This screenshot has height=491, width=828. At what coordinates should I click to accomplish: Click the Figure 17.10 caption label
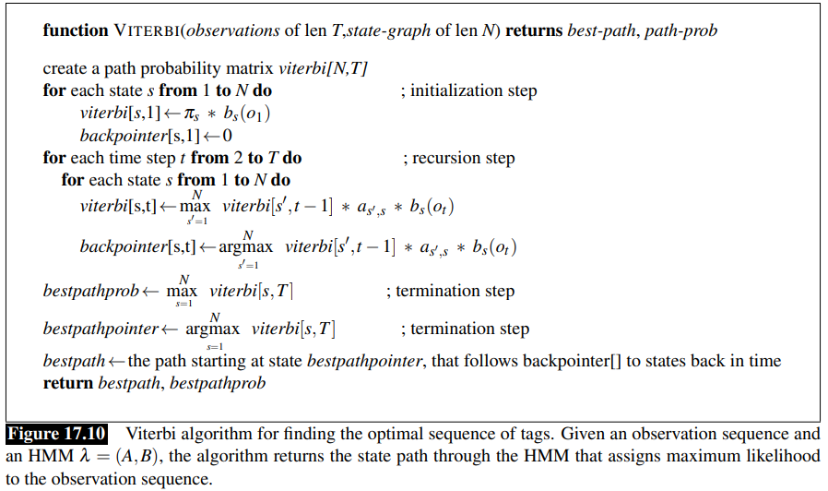57,434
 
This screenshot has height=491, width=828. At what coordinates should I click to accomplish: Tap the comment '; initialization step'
469,90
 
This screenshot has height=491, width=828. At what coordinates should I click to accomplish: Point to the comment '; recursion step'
459,158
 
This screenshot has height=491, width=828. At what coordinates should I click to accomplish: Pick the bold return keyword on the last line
68,382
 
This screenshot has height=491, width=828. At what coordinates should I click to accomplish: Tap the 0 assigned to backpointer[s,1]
227,136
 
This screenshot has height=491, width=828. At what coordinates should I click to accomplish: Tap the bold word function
76,30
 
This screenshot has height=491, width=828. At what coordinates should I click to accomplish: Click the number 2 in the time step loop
237,158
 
